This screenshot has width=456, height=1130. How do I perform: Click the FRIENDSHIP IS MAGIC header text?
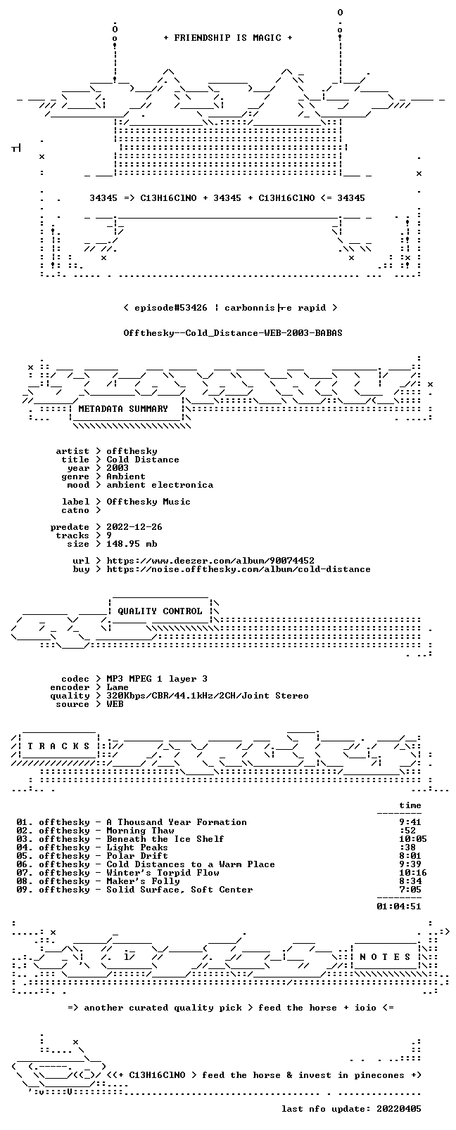tap(228, 38)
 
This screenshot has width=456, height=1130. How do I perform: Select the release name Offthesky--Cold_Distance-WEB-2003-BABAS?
tap(233, 333)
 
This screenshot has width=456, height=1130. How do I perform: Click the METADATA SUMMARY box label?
tap(123, 408)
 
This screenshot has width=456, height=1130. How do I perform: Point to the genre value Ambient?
tap(126, 476)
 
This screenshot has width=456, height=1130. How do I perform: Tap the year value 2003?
tap(117, 467)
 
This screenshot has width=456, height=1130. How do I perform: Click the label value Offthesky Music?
tap(148, 502)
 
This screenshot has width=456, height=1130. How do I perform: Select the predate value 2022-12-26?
tap(134, 526)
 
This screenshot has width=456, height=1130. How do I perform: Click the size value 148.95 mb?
tap(132, 544)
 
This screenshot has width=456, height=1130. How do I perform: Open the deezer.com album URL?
tap(210, 561)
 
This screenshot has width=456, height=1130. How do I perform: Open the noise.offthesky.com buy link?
tap(239, 569)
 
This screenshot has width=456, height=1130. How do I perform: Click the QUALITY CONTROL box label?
tap(160, 611)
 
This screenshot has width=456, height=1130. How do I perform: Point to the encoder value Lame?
tap(117, 687)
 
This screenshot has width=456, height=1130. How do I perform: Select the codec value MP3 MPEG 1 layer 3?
tap(156, 679)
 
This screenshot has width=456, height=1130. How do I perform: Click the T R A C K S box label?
tap(58, 746)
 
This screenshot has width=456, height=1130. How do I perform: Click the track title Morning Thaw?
tap(140, 831)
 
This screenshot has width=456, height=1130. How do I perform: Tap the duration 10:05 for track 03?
tap(412, 839)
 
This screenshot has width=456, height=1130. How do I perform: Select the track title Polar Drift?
tap(137, 855)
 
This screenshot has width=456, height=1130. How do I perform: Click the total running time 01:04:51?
tap(399, 906)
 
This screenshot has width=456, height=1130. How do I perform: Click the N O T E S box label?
tap(386, 957)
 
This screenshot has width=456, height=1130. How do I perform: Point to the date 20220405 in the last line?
tap(399, 1109)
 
